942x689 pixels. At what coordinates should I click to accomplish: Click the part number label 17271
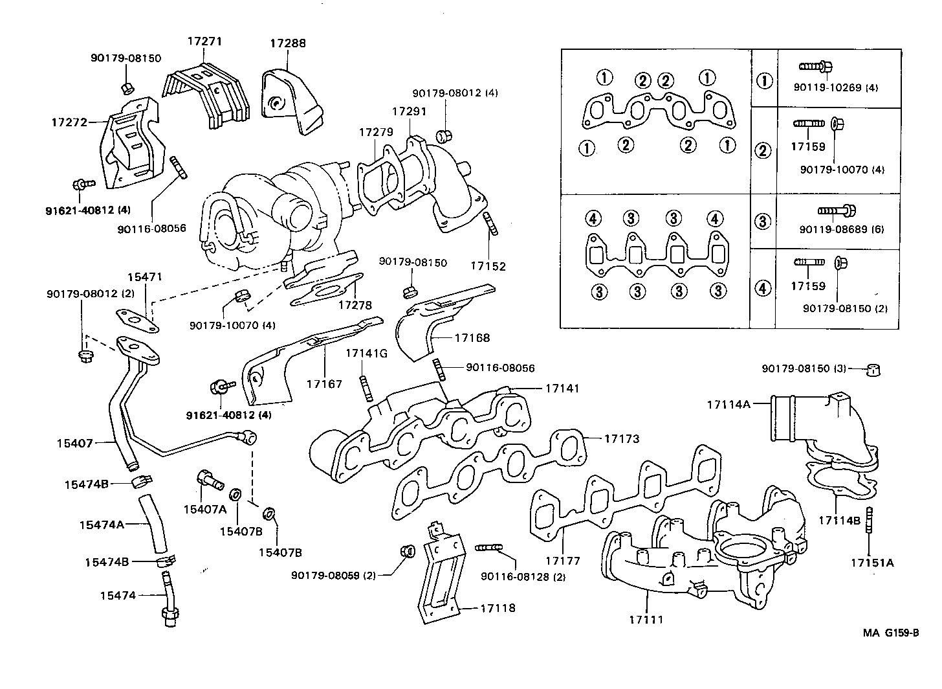pos(204,41)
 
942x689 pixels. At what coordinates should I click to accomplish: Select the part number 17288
pos(288,43)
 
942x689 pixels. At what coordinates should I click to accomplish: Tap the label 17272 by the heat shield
pos(69,121)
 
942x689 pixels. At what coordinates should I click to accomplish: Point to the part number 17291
pos(409,111)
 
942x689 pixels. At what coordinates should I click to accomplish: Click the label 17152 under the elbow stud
pos(488,266)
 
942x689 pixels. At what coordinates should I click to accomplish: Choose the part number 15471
pos(144,277)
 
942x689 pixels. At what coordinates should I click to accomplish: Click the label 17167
pos(324,384)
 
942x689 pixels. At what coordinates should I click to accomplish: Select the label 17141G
pos(366,353)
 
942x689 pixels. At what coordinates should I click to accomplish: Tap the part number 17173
pos(622,438)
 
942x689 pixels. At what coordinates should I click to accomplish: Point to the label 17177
pos(562,561)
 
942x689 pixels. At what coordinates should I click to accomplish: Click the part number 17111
pos(646,620)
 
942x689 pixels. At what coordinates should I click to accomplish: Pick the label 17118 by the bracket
pos(498,608)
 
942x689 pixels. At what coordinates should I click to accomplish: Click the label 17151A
pos(871,563)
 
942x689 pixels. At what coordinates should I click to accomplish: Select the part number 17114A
pos(728,404)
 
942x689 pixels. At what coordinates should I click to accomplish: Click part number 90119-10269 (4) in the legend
pos(830,87)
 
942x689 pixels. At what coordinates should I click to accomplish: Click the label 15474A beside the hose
pos(101,525)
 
